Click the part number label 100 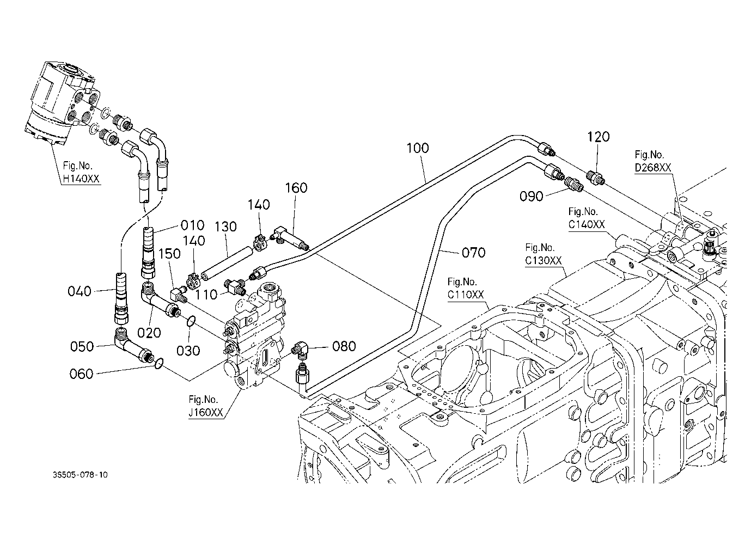[418, 148]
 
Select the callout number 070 [474, 253]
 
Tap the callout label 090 [532, 197]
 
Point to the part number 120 [599, 137]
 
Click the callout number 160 [296, 188]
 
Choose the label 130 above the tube [225, 227]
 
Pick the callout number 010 [192, 225]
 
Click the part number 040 [80, 291]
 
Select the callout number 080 [344, 346]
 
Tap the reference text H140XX [81, 179]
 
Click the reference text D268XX [653, 168]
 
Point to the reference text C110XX [466, 295]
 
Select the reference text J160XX [205, 412]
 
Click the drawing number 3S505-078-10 [80, 475]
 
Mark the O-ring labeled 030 [191, 321]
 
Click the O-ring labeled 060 [159, 363]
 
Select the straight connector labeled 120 [595, 177]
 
